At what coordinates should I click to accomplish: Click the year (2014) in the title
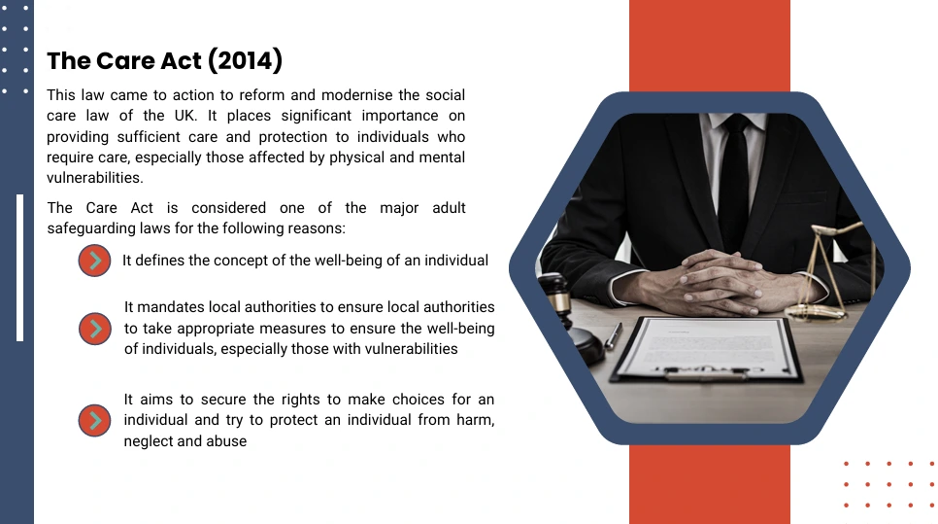246,60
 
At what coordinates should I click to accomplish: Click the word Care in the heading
119,61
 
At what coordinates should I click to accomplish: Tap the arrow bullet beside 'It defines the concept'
94,261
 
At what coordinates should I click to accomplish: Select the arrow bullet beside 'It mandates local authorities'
94,329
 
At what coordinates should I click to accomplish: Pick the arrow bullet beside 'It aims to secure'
94,420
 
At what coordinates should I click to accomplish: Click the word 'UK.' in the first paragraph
185,116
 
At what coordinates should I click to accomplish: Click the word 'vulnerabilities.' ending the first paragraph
95,178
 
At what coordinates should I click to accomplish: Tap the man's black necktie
733,180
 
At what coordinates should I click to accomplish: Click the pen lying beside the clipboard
613,335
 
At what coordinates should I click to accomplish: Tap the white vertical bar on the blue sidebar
19,267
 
